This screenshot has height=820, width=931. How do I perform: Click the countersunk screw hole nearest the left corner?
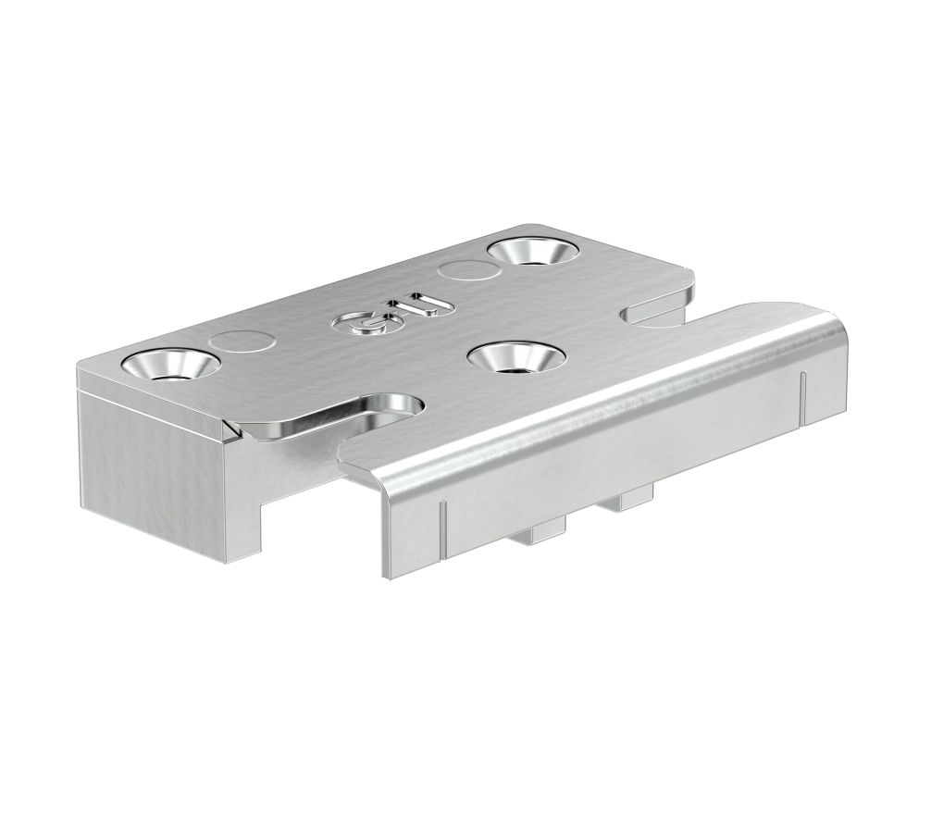(x=169, y=365)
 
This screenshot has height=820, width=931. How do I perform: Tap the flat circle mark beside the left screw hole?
(x=242, y=342)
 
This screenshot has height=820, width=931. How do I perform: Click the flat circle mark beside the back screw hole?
(x=465, y=271)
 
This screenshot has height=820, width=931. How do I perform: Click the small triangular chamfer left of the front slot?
(x=231, y=429)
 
